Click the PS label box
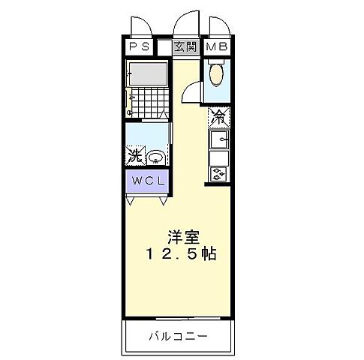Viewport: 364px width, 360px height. pos(139,47)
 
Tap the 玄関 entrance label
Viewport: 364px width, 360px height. pos(186,47)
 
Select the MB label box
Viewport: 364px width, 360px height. pos(217,47)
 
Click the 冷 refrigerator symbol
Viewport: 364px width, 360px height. pos(218,118)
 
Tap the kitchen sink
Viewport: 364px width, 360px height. pos(219,139)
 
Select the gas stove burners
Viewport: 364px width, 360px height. pos(219,175)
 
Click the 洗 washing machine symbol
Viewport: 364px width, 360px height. pos(135,157)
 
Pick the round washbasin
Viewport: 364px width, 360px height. pos(155,157)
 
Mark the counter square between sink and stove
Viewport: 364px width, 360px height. pos(219,158)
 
